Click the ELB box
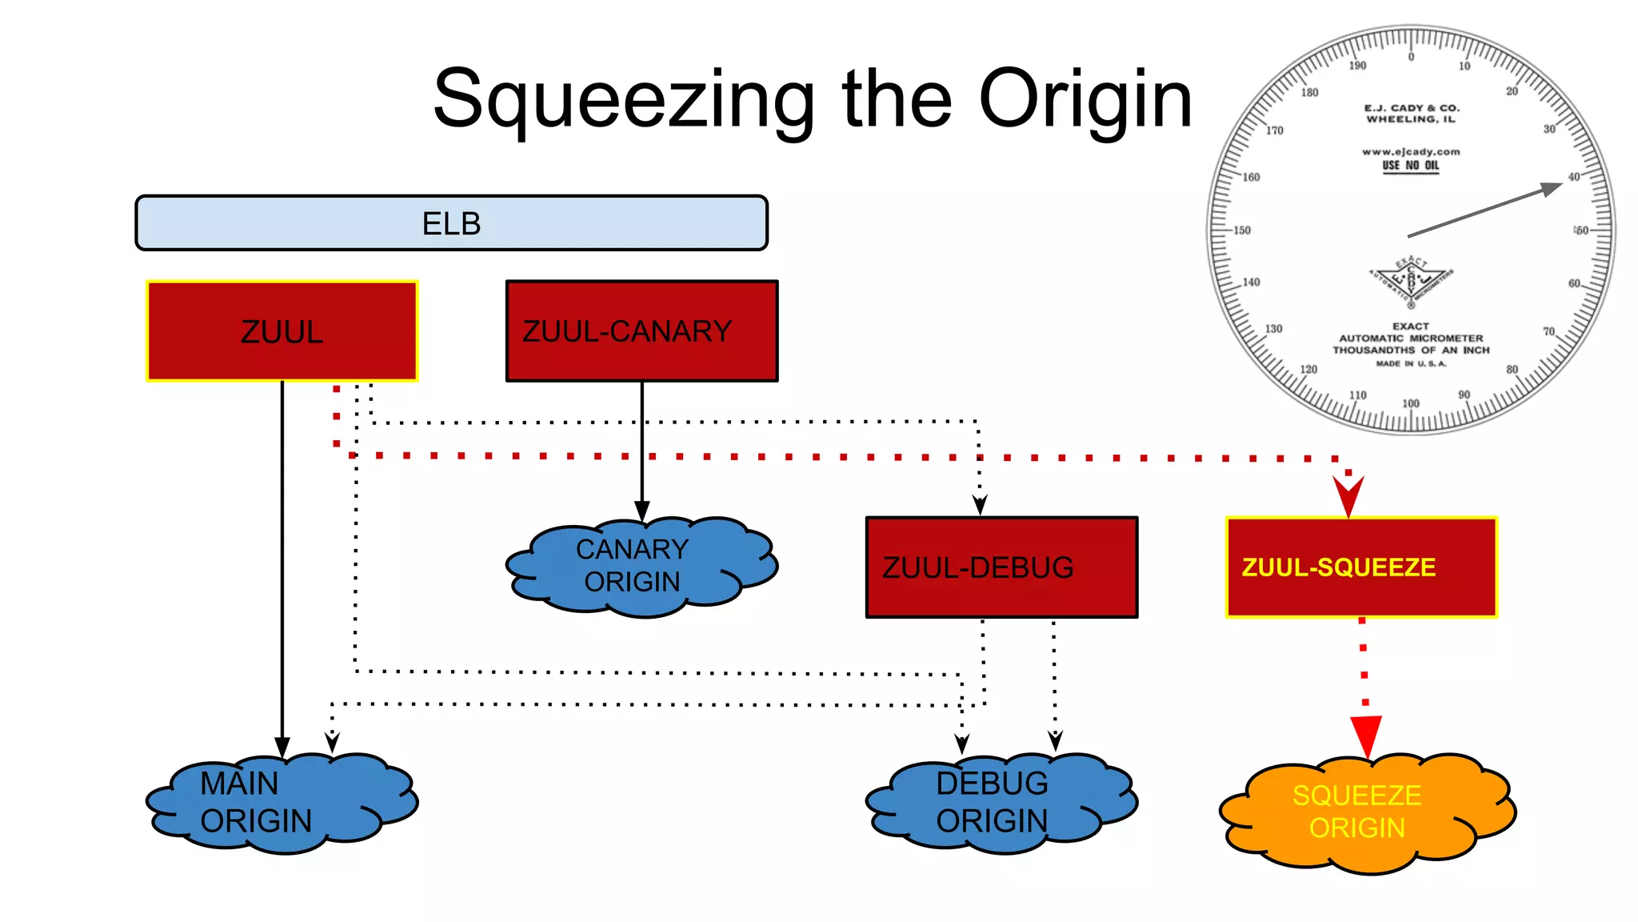(451, 223)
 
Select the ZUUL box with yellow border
(282, 331)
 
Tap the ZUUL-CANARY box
(641, 331)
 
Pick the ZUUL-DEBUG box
(1001, 567)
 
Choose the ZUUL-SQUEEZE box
(1361, 567)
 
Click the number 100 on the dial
(1411, 403)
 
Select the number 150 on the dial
(1241, 230)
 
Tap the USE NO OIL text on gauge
(1411, 166)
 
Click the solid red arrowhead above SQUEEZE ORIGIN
(1366, 735)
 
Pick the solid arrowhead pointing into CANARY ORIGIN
(641, 510)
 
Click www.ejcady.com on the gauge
(1411, 151)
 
